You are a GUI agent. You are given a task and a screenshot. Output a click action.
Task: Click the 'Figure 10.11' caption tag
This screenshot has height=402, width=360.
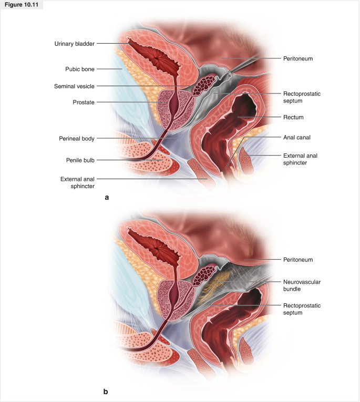pos(22,5)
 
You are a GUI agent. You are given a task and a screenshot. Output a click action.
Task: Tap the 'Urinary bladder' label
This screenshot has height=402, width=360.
pos(74,44)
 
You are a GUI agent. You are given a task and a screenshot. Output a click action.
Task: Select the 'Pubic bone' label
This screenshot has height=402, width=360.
pos(79,69)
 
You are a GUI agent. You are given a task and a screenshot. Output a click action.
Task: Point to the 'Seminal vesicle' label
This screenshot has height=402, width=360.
pos(74,86)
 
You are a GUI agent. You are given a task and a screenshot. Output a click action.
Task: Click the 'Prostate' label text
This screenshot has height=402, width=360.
pos(83,102)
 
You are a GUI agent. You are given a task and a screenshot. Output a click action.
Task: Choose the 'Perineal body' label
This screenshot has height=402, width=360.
pos(77,139)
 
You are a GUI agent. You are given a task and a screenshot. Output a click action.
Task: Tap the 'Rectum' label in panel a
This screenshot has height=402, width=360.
pos(293,117)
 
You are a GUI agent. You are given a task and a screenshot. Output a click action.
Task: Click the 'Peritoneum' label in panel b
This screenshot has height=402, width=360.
pos(298,260)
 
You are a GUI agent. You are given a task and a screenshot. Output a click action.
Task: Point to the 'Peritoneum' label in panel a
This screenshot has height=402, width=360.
pos(298,58)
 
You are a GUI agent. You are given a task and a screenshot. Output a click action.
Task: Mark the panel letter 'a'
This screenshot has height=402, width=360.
pos(107,198)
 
